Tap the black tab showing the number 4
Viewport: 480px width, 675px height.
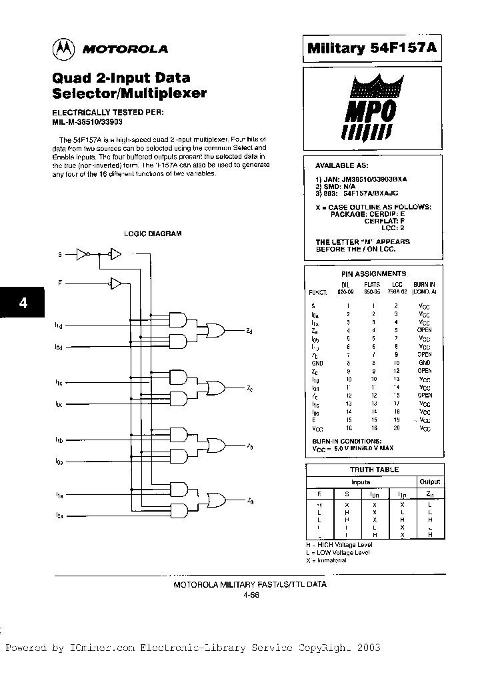click(23, 302)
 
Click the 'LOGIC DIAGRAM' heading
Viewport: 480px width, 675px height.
click(153, 233)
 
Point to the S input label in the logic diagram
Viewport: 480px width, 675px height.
click(60, 254)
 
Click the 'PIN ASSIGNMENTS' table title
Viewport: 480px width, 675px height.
click(373, 273)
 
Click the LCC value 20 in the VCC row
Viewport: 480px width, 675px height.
click(396, 428)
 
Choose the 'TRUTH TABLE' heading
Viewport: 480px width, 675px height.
click(374, 470)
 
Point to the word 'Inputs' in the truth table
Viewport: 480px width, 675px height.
click(361, 482)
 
